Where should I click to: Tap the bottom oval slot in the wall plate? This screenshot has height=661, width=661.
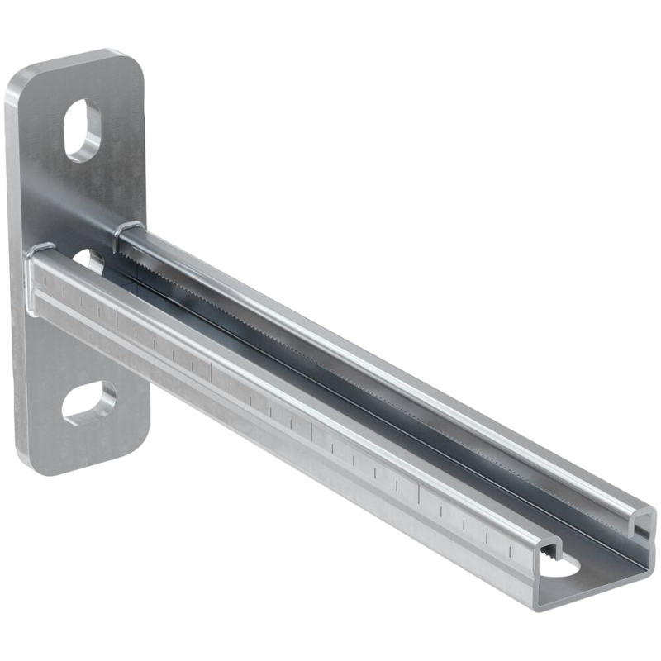click(88, 402)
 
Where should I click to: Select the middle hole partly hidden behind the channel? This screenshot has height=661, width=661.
click(93, 263)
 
